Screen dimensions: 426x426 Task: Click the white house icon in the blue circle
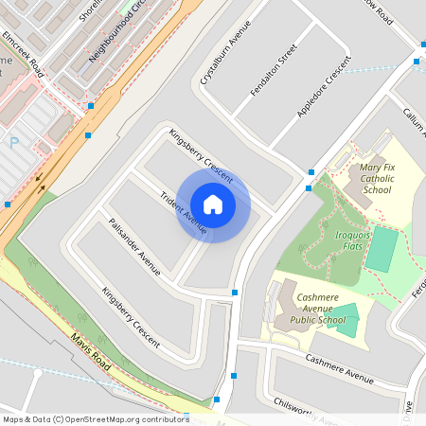coord(213,204)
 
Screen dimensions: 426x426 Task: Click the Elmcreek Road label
coord(23,55)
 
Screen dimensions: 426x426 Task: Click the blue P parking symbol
coord(13,142)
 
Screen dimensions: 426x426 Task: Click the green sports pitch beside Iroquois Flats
coord(382,249)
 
